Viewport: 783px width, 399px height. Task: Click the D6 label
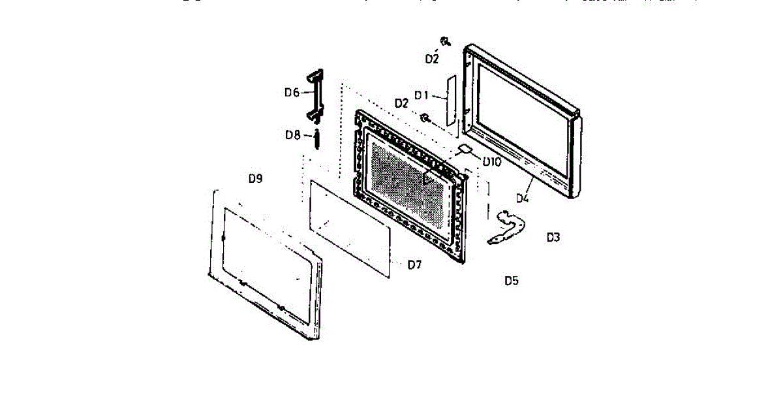point(291,93)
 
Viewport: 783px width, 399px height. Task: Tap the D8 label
point(292,135)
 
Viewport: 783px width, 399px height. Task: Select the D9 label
point(255,178)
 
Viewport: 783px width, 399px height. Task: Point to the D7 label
point(414,264)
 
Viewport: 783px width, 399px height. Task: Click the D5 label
point(512,281)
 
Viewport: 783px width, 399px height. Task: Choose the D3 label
point(553,237)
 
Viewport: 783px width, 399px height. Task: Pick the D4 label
point(523,197)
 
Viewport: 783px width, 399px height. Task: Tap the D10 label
point(491,161)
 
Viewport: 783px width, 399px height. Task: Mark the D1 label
point(421,95)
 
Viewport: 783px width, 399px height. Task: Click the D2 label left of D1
point(401,103)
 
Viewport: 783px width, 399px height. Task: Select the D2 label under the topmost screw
point(431,59)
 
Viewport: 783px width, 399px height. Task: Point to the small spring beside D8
point(317,138)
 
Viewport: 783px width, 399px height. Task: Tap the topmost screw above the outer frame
point(444,42)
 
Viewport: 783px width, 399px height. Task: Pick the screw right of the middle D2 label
point(424,118)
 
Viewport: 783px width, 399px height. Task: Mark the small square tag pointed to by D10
point(466,148)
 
